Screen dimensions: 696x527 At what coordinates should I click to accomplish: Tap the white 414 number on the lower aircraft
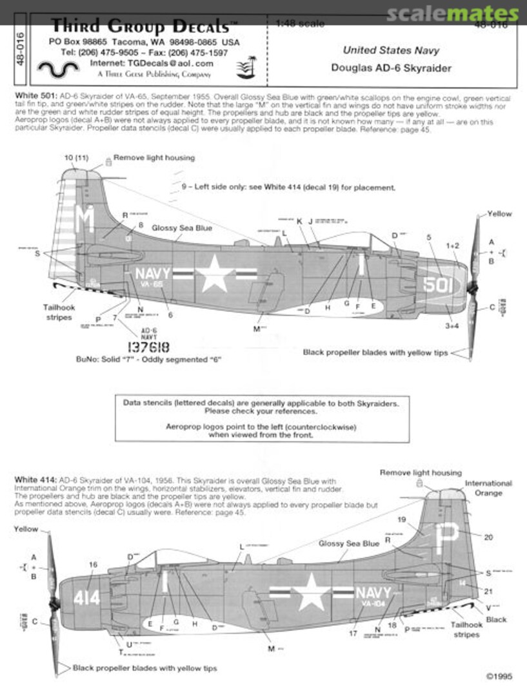click(x=86, y=598)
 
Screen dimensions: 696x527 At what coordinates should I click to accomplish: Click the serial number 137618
click(x=149, y=347)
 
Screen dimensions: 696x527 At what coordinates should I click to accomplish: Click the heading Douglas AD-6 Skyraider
click(x=391, y=68)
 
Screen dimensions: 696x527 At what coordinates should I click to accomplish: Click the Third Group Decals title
click(x=140, y=26)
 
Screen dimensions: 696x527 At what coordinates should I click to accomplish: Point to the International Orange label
click(x=488, y=488)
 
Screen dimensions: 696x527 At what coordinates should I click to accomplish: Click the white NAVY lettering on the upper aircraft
click(x=153, y=273)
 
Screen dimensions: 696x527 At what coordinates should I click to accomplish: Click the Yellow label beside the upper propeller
click(x=499, y=214)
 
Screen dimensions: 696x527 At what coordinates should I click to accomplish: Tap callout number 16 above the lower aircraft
click(x=94, y=565)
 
